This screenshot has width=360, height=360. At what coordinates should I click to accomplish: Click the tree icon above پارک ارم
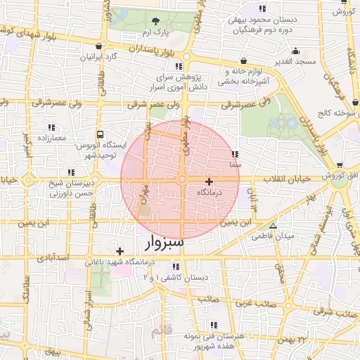pos(155,21)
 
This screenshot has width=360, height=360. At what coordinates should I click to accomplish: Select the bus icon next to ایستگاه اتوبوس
pos(100,134)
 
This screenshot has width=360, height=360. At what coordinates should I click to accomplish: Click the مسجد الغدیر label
pos(295,62)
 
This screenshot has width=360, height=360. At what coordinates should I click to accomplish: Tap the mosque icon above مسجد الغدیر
pos(296,51)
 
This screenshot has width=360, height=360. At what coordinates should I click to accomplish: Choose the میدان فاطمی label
pos(272,237)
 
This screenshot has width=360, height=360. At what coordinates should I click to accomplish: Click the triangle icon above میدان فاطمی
pos(273,226)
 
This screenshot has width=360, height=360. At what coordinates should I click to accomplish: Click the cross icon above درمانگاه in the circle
pos(209,181)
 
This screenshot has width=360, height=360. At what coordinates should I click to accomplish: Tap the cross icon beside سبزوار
pos(120,251)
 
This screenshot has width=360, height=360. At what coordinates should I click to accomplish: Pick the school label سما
pos(235,165)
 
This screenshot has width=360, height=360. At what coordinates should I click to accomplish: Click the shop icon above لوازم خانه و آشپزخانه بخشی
pos(243,61)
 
